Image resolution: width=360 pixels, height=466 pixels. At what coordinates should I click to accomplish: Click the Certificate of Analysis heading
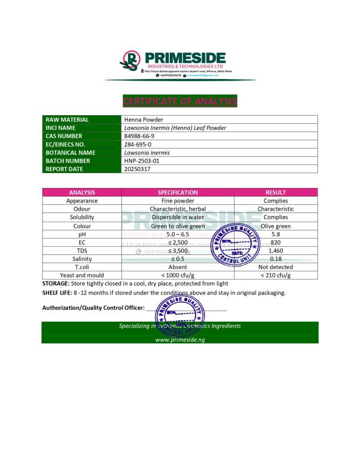coord(180,101)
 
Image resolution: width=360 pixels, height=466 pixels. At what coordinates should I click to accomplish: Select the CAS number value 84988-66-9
coord(139,136)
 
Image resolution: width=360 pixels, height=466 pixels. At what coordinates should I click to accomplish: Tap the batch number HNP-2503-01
coord(142,161)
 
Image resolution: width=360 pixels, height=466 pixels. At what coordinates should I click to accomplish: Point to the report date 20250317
coord(137,169)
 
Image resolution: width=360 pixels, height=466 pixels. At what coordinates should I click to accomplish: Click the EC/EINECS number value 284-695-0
coord(138,144)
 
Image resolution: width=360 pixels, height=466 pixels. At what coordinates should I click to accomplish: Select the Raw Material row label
coord(67,120)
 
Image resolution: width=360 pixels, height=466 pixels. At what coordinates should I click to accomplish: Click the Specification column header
coord(177,192)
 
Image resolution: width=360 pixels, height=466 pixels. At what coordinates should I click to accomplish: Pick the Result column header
coord(276,192)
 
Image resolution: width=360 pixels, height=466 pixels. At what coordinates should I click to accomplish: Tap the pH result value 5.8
coord(276,234)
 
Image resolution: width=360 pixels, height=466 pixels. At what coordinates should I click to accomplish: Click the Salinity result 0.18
coord(276,258)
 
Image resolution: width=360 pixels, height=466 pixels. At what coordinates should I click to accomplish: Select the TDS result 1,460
coord(276,250)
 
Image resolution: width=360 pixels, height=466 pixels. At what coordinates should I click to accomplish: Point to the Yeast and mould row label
coord(82,275)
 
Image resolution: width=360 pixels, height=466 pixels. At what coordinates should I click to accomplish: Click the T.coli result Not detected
coord(276,267)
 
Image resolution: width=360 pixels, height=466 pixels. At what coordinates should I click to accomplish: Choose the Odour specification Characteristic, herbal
coord(177,209)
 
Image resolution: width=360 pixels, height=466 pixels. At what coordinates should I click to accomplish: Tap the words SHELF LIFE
coord(57,293)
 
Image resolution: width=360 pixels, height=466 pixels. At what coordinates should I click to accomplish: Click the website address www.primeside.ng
coord(180,339)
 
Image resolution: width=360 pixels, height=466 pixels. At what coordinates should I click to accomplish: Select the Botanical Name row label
coord(71,152)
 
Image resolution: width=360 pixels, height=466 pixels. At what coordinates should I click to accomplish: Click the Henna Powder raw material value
coord(144,120)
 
